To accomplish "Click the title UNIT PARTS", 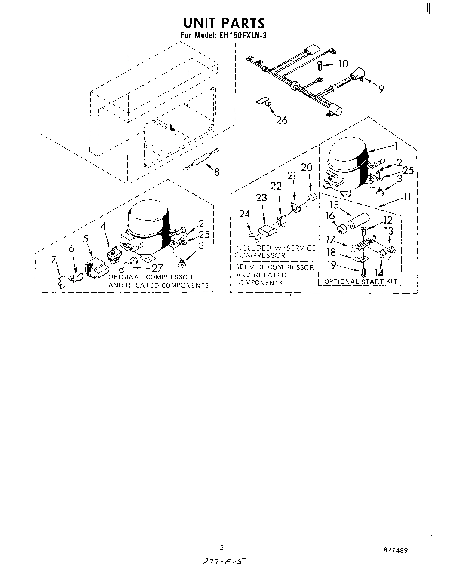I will pos(224,23).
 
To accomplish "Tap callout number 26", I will pos(282,120).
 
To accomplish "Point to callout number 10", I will pos(342,64).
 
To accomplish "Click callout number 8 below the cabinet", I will pos(217,172).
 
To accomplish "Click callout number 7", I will pos(54,259).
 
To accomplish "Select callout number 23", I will pos(261,198).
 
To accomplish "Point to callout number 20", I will pos(307,168).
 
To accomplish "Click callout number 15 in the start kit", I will pos(334,205).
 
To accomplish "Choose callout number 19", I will pos(332,265).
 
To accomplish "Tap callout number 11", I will pos(407,196).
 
